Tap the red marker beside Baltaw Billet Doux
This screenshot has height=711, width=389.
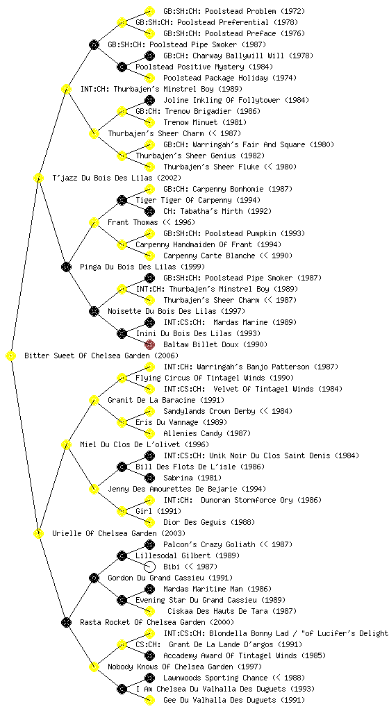[x=149, y=344]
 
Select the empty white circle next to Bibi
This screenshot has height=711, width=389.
[x=149, y=567]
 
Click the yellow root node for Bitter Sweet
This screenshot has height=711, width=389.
[x=11, y=355]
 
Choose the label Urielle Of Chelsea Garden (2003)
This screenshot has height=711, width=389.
[x=119, y=533]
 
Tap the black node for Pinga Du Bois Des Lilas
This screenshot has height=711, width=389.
[x=66, y=267]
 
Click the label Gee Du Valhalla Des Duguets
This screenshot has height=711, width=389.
[x=220, y=700]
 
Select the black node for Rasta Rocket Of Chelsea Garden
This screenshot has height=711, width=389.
[x=66, y=622]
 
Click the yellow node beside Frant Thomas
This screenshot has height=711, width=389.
[x=94, y=222]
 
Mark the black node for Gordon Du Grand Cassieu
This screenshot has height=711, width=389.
[x=94, y=578]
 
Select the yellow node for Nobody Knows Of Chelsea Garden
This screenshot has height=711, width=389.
[x=94, y=667]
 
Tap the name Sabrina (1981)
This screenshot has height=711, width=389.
[x=190, y=478]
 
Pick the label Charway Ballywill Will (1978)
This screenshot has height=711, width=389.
[x=253, y=56]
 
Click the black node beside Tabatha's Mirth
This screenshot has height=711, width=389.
[x=149, y=211]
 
